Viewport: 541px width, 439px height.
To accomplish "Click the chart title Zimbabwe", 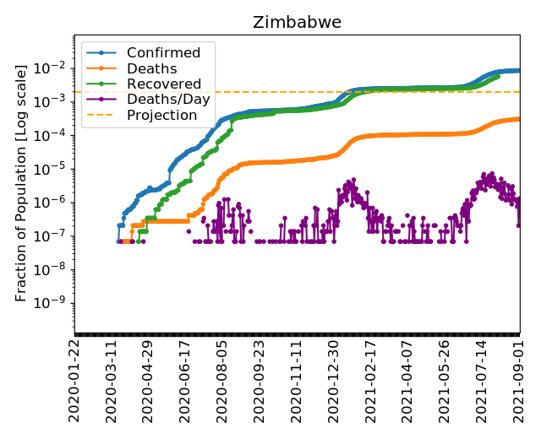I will tap(297, 22).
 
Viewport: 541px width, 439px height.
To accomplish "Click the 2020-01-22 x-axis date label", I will tap(74, 382).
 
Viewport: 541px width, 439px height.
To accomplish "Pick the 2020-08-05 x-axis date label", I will tap(222, 382).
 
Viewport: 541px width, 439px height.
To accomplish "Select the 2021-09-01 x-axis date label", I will tap(519, 382).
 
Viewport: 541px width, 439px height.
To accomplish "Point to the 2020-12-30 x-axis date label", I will tap(334, 382).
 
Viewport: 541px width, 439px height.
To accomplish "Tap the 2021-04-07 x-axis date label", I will tap(407, 382).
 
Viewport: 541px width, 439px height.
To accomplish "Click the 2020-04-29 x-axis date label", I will tap(148, 382).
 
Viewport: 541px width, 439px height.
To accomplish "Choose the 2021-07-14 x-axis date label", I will tap(482, 382).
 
